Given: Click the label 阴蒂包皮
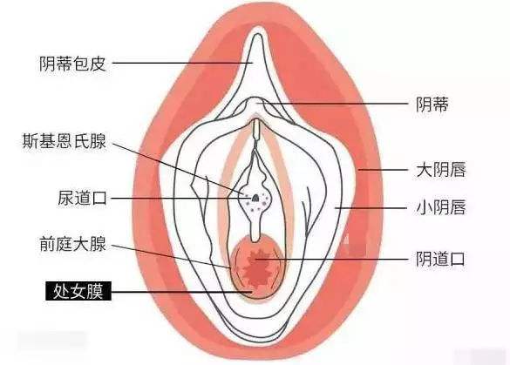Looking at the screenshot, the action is point(72,64).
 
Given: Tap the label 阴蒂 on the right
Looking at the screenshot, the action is point(432,105).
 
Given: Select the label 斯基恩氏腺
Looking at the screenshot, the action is point(65,141).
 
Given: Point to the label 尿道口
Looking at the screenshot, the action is point(82,198).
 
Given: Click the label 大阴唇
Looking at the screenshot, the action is point(441,170).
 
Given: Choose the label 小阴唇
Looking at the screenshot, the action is point(441,207).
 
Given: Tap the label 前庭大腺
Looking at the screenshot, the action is point(72,244).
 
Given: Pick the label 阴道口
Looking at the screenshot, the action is point(440,259).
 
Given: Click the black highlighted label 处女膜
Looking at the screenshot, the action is point(78,291).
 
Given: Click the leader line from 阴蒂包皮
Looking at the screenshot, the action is point(182,63).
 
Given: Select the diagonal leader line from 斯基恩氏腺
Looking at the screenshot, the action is point(178,168).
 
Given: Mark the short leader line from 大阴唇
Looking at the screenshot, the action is point(383,170).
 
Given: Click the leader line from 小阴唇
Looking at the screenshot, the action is point(371,207).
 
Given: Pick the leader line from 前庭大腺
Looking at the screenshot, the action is point(172,256).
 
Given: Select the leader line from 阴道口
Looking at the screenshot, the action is point(331,259).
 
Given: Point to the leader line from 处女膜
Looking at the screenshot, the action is point(182,292).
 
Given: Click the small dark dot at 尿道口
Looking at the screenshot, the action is point(256,197).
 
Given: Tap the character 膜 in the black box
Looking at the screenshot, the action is point(95,291).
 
